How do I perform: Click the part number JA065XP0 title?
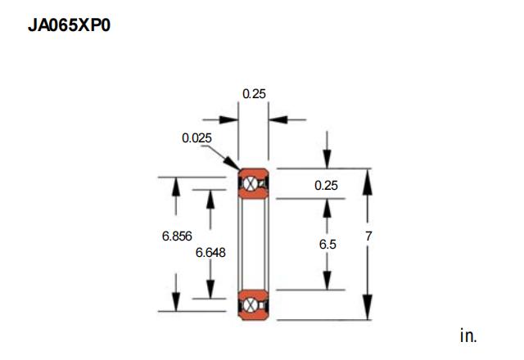click(69, 25)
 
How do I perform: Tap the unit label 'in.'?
click(468, 335)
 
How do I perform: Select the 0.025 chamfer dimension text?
click(196, 138)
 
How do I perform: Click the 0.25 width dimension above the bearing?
click(254, 94)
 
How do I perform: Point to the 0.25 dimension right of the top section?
click(326, 186)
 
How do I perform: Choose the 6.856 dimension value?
click(177, 236)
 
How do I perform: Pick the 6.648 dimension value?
click(210, 253)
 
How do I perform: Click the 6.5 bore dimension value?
click(327, 244)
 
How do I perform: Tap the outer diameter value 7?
click(368, 236)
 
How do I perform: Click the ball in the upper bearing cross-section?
click(251, 183)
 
